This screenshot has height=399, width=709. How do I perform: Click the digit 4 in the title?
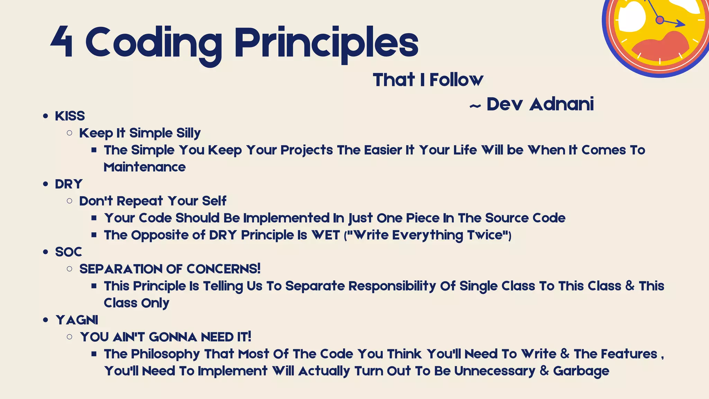tap(62, 42)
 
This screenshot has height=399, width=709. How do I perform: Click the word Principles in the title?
tap(326, 43)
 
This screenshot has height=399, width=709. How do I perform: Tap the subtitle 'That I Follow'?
tap(428, 80)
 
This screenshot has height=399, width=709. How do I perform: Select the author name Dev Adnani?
tap(540, 104)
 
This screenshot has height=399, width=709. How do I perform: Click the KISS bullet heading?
tap(70, 116)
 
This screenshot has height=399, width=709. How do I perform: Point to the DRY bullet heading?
tap(69, 184)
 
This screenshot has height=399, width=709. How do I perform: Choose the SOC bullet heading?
tap(69, 252)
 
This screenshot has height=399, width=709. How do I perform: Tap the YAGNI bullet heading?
tap(77, 320)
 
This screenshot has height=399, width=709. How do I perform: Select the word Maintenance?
tap(145, 167)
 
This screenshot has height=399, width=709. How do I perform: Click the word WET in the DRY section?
tap(325, 235)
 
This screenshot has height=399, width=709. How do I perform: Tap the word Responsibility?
tap(392, 286)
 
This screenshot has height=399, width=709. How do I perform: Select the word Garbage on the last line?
tap(581, 371)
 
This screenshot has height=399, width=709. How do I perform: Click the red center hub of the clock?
tap(660, 20)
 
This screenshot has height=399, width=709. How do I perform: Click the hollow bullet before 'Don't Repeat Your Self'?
tap(70, 201)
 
